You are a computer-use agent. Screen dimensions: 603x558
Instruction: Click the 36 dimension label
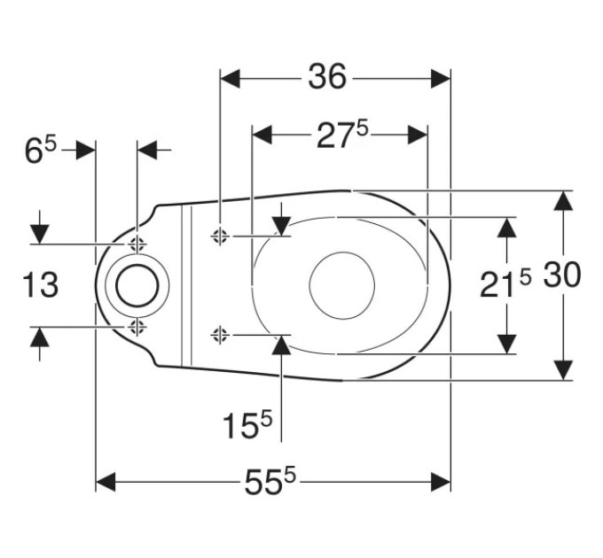coord(327,76)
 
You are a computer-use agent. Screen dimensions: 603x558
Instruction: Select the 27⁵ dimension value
coord(342,135)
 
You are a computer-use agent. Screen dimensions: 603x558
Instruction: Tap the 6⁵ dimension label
coord(41,150)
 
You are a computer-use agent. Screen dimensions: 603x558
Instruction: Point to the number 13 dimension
coord(41,284)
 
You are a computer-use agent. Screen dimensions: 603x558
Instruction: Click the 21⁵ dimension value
coord(505,283)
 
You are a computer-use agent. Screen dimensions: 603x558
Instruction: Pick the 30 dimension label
coord(562,275)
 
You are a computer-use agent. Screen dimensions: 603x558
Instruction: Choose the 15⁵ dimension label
coord(247,424)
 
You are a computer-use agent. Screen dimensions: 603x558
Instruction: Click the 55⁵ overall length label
coord(270,481)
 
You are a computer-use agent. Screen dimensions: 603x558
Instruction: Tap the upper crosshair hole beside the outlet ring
coord(137,244)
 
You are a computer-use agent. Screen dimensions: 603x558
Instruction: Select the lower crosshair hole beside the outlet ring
coord(137,327)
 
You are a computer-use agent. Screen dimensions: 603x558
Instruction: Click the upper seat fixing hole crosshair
coord(220,236)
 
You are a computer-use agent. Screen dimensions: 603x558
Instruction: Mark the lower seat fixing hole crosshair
coord(220,336)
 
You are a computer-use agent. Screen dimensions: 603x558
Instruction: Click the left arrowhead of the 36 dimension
coord(230,79)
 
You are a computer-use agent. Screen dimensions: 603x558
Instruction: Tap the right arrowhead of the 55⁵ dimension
coord(441,482)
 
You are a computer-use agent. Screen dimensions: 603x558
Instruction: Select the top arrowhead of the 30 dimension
coord(563,200)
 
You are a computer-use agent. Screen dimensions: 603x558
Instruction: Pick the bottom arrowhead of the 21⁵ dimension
coord(506,344)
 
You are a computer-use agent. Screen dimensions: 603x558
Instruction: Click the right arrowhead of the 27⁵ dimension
coord(418,136)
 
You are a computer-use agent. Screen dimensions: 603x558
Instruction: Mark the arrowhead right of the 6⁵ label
coord(85,150)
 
